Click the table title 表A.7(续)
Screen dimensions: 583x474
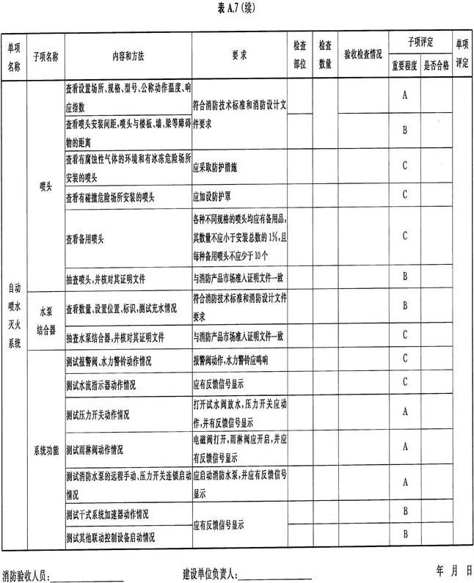click(x=237, y=7)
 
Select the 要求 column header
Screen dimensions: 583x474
click(x=238, y=55)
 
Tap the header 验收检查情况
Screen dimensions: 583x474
click(x=361, y=55)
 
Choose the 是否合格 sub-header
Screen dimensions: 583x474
click(x=437, y=64)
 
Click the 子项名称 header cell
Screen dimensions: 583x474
click(x=45, y=55)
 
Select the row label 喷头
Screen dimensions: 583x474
click(x=45, y=186)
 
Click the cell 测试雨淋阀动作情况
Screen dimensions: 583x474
click(x=95, y=448)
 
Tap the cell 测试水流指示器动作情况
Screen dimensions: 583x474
click(x=101, y=384)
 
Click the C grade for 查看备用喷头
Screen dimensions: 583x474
click(x=405, y=235)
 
